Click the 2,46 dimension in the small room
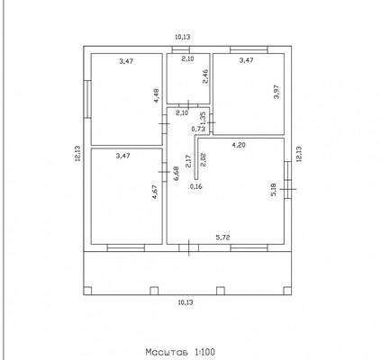205,76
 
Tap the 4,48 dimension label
157,96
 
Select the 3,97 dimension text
277,92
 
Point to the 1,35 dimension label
203,119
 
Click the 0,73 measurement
198,129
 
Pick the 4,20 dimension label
239,145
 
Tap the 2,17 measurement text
188,161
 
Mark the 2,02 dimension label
203,159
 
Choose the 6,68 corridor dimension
177,174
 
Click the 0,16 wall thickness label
196,186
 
